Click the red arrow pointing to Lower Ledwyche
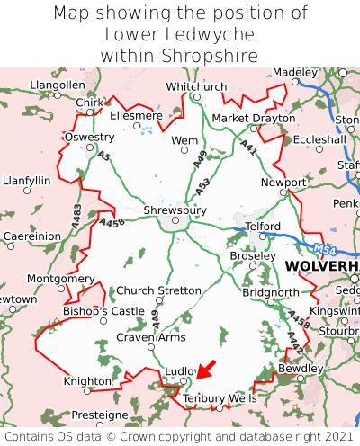tap(206, 369)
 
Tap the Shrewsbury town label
tap(175, 210)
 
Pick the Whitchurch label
tap(196, 86)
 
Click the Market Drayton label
tap(253, 119)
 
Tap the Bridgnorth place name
tap(270, 293)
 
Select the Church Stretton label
tap(160, 290)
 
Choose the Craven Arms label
tap(151, 337)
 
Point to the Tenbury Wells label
tap(219, 397)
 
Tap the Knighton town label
tap(87, 381)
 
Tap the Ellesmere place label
tap(136, 115)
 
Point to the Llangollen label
tap(57, 85)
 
